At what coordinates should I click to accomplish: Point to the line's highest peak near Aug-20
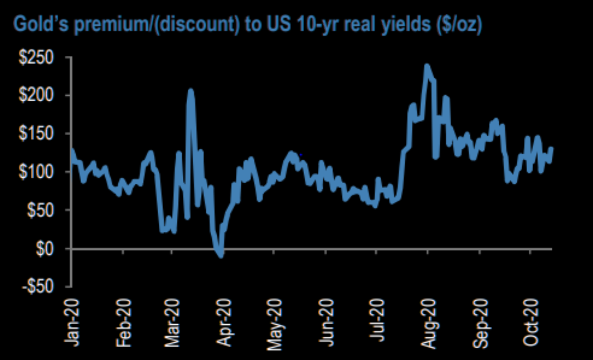pyautogui.click(x=427, y=65)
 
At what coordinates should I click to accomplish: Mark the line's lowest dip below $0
pyautogui.click(x=221, y=255)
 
